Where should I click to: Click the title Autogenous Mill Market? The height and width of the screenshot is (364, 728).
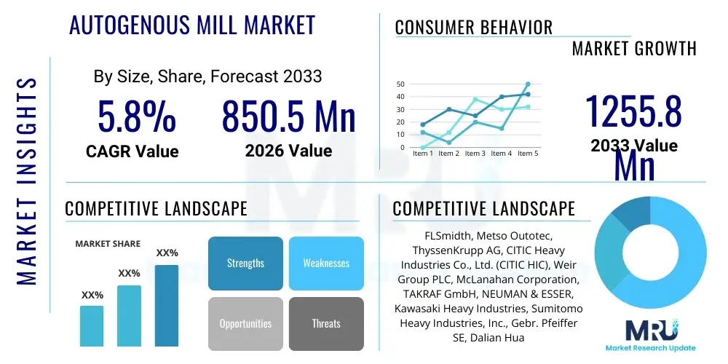pyautogui.click(x=192, y=25)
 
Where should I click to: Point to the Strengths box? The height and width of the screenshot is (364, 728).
pyautogui.click(x=245, y=263)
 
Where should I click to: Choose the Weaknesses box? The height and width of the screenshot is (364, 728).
pyautogui.click(x=326, y=263)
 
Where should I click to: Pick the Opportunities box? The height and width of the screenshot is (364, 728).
pyautogui.click(x=245, y=323)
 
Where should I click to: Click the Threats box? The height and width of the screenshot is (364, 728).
pyautogui.click(x=326, y=323)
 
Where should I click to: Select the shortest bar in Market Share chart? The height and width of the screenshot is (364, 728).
pyautogui.click(x=92, y=325)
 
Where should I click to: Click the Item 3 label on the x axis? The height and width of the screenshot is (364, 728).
pyautogui.click(x=475, y=154)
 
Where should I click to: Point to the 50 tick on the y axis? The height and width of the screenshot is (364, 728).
pyautogui.click(x=400, y=84)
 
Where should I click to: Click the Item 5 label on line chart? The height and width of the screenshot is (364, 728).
pyautogui.click(x=527, y=154)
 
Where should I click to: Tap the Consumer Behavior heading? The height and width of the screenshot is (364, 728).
pyautogui.click(x=474, y=28)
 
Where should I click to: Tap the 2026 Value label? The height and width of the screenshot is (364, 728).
pyautogui.click(x=288, y=151)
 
